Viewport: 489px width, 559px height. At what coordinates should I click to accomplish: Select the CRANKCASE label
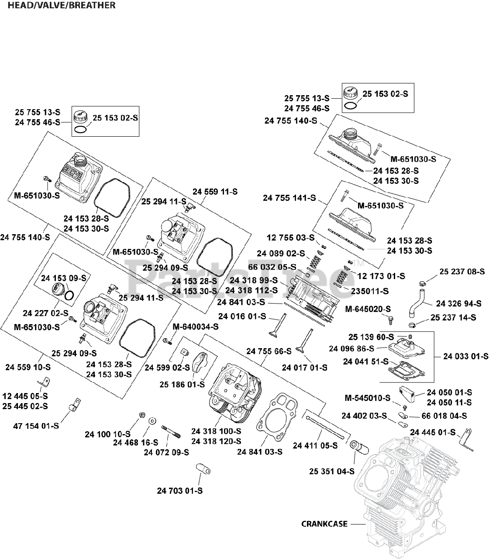(324, 524)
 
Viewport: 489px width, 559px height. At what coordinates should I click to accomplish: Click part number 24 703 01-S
(180, 491)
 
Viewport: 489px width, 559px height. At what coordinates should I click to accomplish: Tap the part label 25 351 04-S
(332, 472)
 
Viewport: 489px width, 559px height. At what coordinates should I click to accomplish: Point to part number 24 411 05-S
(315, 445)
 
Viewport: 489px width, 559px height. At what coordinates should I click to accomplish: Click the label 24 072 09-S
(166, 452)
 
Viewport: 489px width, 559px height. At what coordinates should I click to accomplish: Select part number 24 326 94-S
(459, 304)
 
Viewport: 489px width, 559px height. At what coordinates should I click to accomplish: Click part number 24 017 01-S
(304, 368)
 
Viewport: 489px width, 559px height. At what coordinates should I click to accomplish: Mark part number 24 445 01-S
(432, 433)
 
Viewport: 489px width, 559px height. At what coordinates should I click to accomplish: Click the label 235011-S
(370, 291)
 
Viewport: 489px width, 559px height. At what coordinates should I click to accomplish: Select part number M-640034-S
(196, 327)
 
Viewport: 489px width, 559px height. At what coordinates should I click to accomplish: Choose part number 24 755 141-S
(289, 198)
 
